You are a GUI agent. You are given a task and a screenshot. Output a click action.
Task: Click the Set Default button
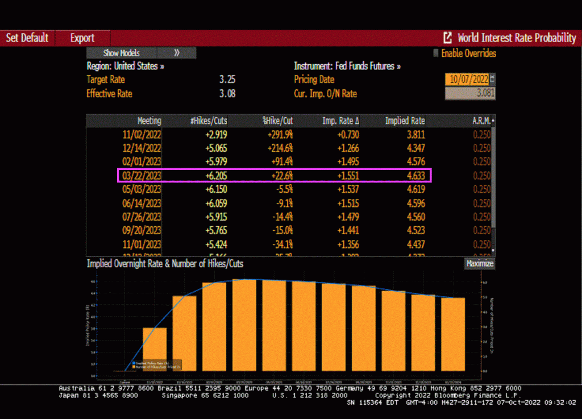tap(27, 38)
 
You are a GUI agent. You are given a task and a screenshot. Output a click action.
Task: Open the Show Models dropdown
tap(121, 53)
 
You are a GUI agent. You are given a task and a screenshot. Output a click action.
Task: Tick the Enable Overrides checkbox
tap(436, 53)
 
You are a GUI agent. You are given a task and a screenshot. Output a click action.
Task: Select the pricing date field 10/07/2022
tap(465, 80)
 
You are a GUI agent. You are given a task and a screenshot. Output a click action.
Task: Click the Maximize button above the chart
tap(480, 264)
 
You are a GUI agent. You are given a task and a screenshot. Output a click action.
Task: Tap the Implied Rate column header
tap(405, 121)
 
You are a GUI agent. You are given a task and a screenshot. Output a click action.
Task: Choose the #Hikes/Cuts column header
tap(209, 121)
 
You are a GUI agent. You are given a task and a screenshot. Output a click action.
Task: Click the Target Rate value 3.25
tap(227, 80)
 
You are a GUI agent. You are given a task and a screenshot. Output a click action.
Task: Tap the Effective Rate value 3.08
tap(227, 94)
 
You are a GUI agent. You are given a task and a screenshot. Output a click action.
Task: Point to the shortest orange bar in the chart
tap(155, 349)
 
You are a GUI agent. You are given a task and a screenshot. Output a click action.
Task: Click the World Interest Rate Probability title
tap(516, 38)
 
